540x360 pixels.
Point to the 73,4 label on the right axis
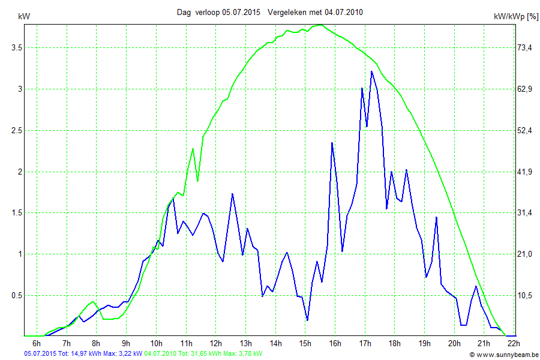(526, 47)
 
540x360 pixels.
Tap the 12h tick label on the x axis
(215, 343)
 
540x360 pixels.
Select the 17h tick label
(364, 343)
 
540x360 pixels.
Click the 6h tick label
(37, 343)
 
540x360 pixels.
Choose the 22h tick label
(513, 343)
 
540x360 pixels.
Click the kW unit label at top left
(25, 16)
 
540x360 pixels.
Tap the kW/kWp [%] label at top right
(516, 17)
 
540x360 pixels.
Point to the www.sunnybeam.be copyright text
(504, 355)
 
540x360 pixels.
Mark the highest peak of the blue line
(372, 71)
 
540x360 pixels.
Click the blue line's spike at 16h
(332, 143)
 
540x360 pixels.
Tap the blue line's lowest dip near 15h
(307, 320)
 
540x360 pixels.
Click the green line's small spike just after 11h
(193, 149)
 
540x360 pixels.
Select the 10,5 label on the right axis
(526, 295)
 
